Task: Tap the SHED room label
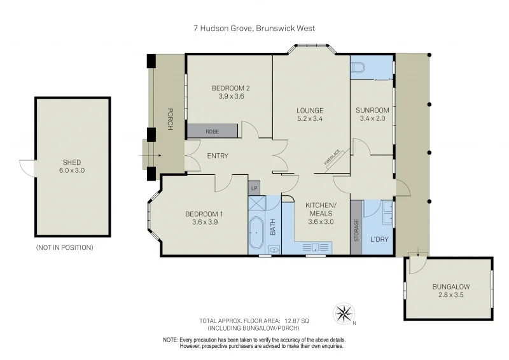click(73, 162)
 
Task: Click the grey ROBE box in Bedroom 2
click(213, 131)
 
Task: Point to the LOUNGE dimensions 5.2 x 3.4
click(310, 118)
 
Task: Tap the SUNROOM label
click(372, 110)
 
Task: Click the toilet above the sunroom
click(358, 67)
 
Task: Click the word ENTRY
click(217, 156)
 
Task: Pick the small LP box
click(254, 188)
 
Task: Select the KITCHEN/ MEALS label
click(320, 209)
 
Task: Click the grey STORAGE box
click(356, 228)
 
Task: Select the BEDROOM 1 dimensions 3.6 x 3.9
click(205, 223)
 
